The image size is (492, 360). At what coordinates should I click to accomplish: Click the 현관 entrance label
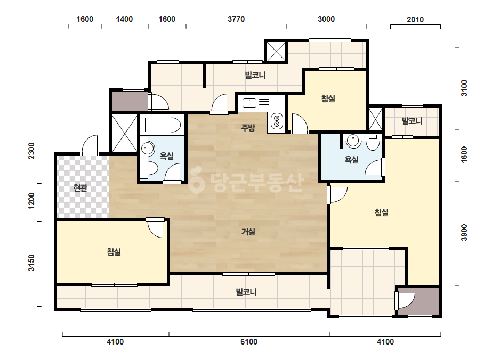coord(80,188)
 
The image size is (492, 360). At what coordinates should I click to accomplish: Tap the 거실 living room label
coord(248,232)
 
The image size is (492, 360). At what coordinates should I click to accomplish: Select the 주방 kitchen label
coord(248,128)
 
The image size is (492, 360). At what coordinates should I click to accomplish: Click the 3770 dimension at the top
coord(236,19)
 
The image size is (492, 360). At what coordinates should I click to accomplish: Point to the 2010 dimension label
coord(415,20)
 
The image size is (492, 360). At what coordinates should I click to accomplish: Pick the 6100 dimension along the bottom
coord(249,342)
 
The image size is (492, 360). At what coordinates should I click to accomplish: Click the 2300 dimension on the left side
coord(31,151)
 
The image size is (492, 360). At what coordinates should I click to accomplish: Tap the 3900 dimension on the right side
coord(464,233)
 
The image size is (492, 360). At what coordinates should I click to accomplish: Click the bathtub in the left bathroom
coord(163,125)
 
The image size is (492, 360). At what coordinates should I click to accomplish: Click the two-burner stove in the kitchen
coord(277,121)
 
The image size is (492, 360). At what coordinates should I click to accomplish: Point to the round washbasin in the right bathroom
coord(353,141)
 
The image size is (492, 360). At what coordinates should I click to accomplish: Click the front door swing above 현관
coord(90,144)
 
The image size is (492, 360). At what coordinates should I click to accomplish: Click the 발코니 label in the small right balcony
coord(412,121)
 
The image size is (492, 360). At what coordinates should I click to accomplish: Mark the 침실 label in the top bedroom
coord(328,99)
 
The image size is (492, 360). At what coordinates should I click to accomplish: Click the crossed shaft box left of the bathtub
coord(125,134)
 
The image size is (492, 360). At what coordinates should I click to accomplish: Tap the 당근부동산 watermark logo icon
coord(197,183)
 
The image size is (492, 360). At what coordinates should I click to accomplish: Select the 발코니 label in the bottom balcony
coord(246,292)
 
